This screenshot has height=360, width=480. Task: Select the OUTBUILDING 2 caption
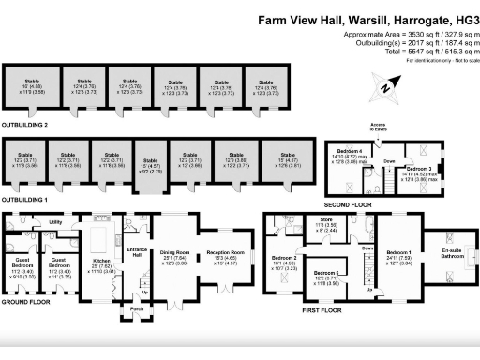25,123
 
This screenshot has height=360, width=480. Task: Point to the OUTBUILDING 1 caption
25,199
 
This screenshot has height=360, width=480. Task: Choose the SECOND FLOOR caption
349,203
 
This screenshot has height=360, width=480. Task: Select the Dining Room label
175,252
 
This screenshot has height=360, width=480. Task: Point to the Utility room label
55,221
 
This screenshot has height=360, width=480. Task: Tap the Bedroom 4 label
351,151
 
